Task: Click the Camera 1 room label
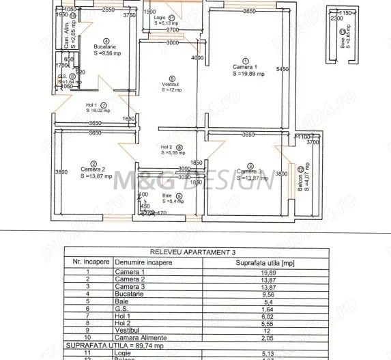tap(244, 67)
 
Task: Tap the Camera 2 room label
tap(92, 169)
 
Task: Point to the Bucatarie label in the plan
tap(104, 47)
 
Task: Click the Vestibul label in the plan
tap(172, 83)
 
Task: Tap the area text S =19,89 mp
tap(244, 74)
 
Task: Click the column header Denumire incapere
tap(144, 262)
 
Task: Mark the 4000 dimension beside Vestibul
tap(197, 58)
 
